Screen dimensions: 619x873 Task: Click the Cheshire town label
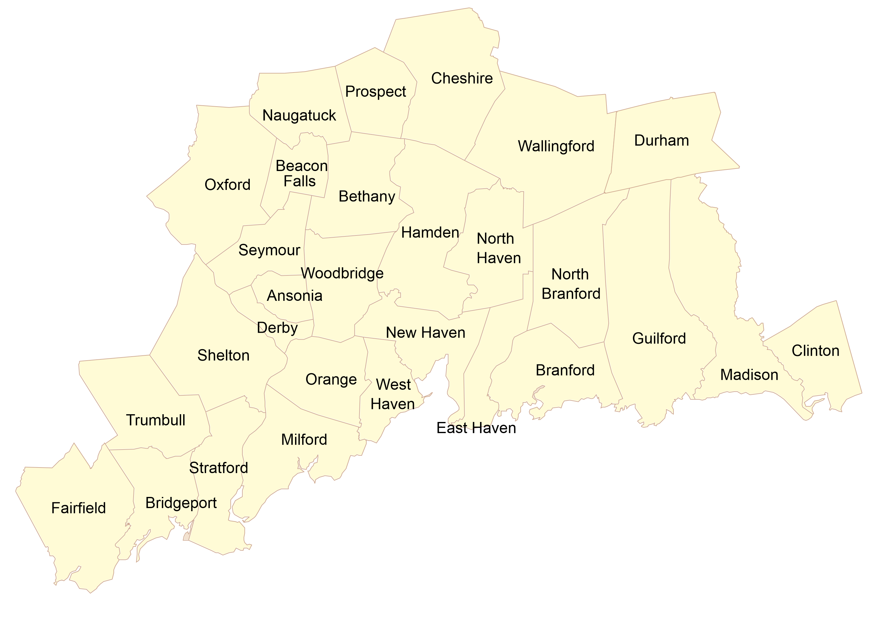tap(462, 78)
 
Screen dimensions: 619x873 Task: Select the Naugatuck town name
tap(299, 116)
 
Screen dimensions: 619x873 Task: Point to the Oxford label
tap(227, 185)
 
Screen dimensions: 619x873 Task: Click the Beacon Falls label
tap(301, 173)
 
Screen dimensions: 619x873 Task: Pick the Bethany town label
tap(367, 197)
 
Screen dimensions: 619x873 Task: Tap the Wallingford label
tap(556, 146)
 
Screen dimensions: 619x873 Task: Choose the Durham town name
tap(661, 141)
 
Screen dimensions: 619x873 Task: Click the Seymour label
tap(269, 250)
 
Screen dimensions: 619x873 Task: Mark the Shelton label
tap(223, 356)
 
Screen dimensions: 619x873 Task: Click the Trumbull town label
tap(156, 420)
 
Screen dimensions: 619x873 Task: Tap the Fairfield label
tap(78, 508)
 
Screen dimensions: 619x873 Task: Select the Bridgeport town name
tap(181, 503)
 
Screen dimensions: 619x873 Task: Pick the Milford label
tap(304, 440)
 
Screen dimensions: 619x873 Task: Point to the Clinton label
tap(815, 351)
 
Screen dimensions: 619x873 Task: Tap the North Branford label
tap(571, 284)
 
